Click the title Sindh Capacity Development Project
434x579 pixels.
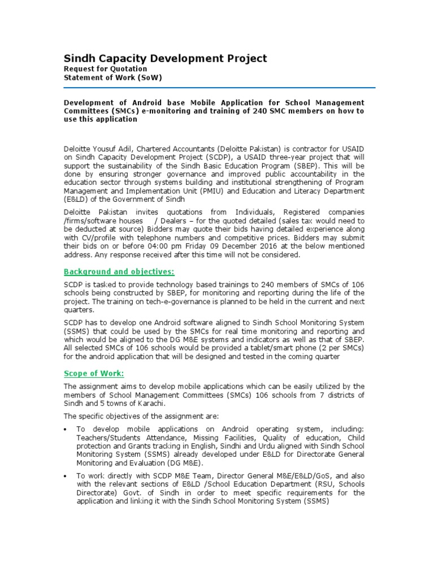165,59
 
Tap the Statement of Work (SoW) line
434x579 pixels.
112,78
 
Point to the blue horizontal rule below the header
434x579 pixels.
219,88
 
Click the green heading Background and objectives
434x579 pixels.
119,271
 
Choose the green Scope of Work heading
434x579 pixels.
94,374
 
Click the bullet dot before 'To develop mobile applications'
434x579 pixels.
67,430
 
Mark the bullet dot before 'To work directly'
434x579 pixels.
67,476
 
